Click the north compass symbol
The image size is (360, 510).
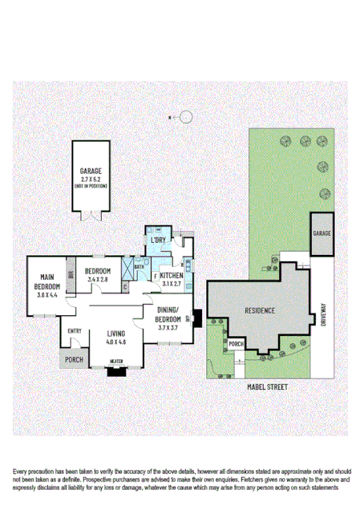click(185, 117)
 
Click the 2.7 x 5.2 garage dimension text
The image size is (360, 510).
click(91, 178)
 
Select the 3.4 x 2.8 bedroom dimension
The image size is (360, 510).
click(98, 280)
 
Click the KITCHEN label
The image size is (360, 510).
click(172, 276)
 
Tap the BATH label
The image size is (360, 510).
click(140, 267)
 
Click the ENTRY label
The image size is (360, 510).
click(75, 331)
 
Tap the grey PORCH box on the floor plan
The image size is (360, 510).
click(74, 359)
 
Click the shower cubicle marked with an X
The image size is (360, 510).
click(127, 266)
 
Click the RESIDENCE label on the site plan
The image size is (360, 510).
click(260, 310)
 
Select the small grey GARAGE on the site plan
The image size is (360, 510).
click(322, 233)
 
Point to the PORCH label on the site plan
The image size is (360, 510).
click(236, 344)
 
